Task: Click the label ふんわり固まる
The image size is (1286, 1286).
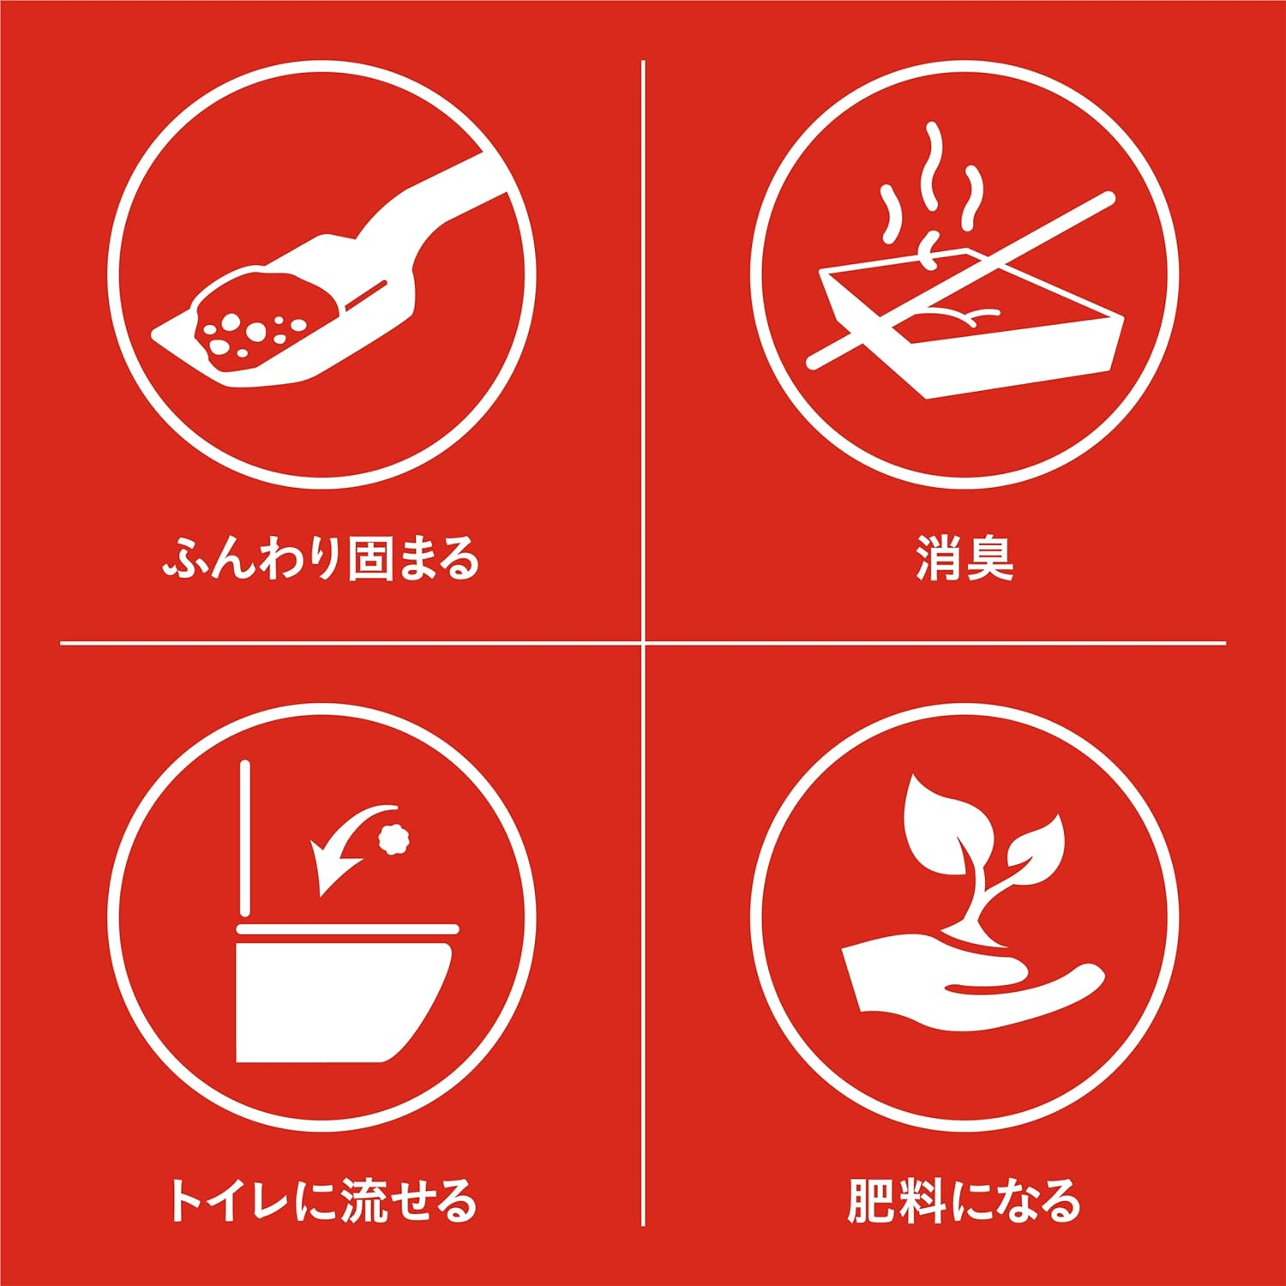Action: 321,558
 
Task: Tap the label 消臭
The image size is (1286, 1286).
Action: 964,558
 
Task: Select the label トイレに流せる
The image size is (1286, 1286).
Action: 321,1200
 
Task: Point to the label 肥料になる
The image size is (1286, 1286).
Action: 964,1200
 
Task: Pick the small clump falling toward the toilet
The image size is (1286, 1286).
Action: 395,838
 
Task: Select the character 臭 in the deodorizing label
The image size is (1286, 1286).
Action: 990,558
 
